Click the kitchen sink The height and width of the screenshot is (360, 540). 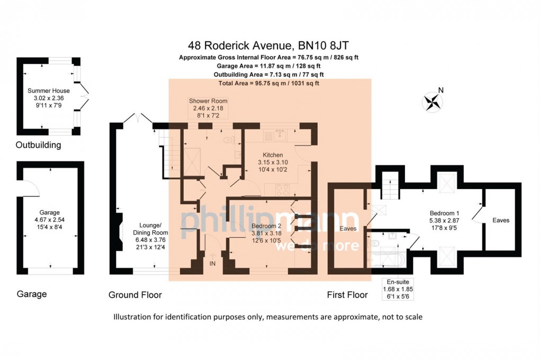click(x=277, y=133)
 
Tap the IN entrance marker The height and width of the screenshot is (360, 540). click(x=212, y=263)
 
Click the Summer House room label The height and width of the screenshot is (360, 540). click(x=49, y=91)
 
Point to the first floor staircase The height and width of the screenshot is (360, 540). click(x=390, y=186)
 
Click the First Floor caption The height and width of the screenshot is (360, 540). click(x=347, y=295)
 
